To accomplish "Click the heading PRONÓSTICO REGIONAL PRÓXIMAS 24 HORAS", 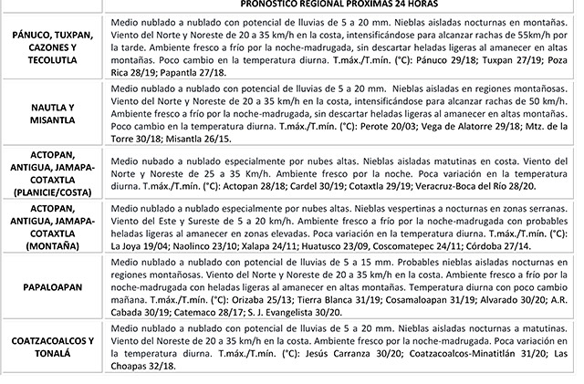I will click(341, 4).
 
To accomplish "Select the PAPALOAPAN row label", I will click(51, 285).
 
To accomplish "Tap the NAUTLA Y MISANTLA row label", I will click(51, 113).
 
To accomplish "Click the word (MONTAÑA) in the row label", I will click(52, 246).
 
